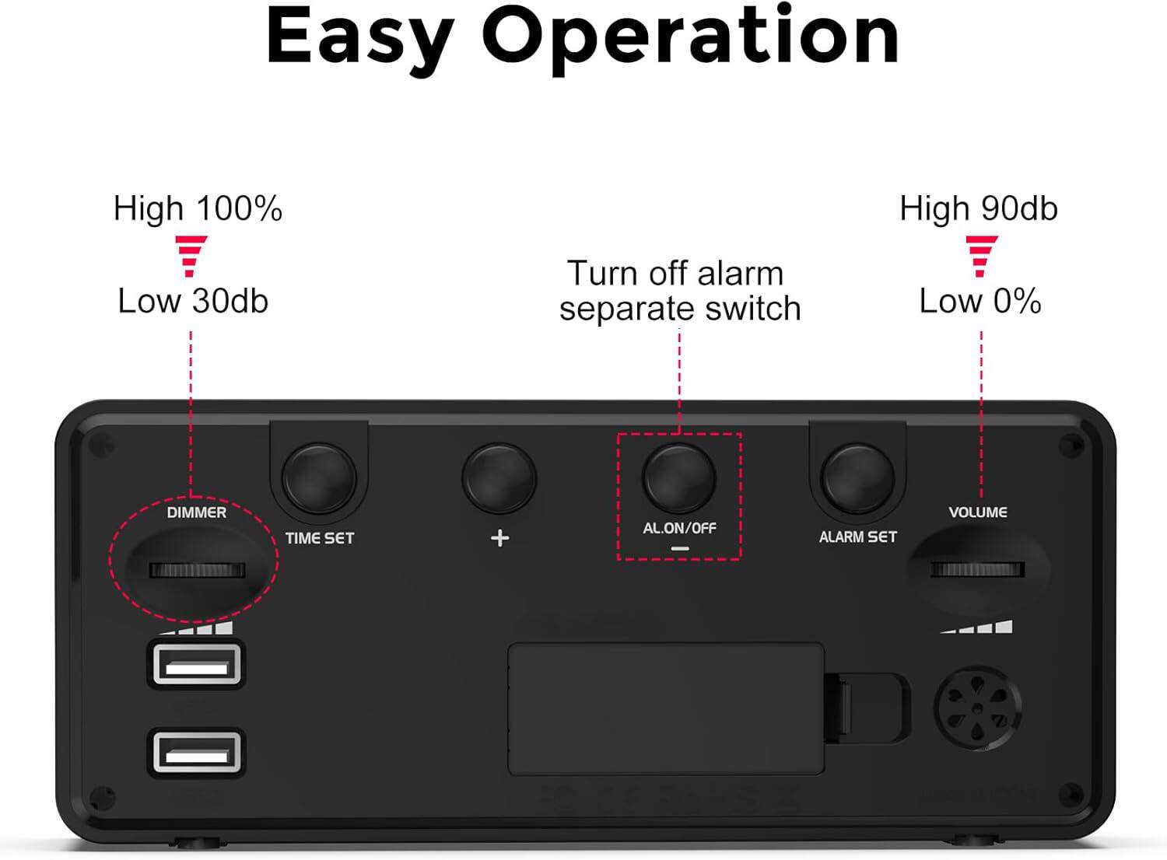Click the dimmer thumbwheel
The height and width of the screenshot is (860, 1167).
pos(197,570)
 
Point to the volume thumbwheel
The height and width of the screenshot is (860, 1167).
pos(977,570)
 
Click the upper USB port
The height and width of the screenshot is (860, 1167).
pos(196,664)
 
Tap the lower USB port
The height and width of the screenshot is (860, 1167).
pos(196,752)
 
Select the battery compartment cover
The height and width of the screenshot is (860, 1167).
pos(666,708)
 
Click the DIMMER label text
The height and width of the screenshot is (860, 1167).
pos(197,512)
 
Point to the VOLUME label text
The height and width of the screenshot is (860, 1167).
pos(978,512)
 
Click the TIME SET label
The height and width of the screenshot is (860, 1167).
pos(319,538)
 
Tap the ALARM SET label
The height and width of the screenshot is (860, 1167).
pos(858,537)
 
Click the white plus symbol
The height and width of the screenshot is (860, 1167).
pos(499,538)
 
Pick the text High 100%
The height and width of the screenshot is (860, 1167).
pos(198,209)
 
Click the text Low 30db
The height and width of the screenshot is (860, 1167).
pos(193,302)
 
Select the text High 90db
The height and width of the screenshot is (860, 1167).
pos(979,209)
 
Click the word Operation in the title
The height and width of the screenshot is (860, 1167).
pos(691,37)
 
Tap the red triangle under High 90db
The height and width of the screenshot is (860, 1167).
pos(981,256)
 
